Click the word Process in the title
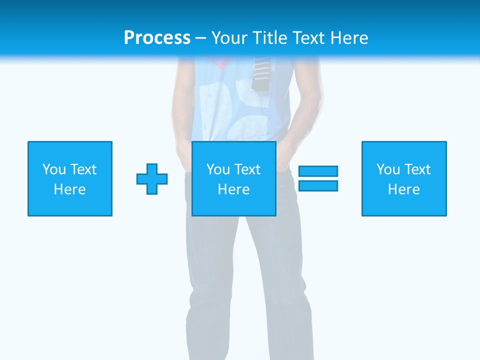click(157, 38)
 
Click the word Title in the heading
click(270, 38)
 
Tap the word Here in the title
click(348, 38)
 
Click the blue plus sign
click(152, 178)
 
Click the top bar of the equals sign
click(318, 171)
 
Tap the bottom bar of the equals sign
click(318, 185)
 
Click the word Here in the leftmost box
click(69, 189)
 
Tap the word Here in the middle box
click(233, 189)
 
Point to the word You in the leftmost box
click(54, 169)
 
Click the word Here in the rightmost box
click(403, 189)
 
